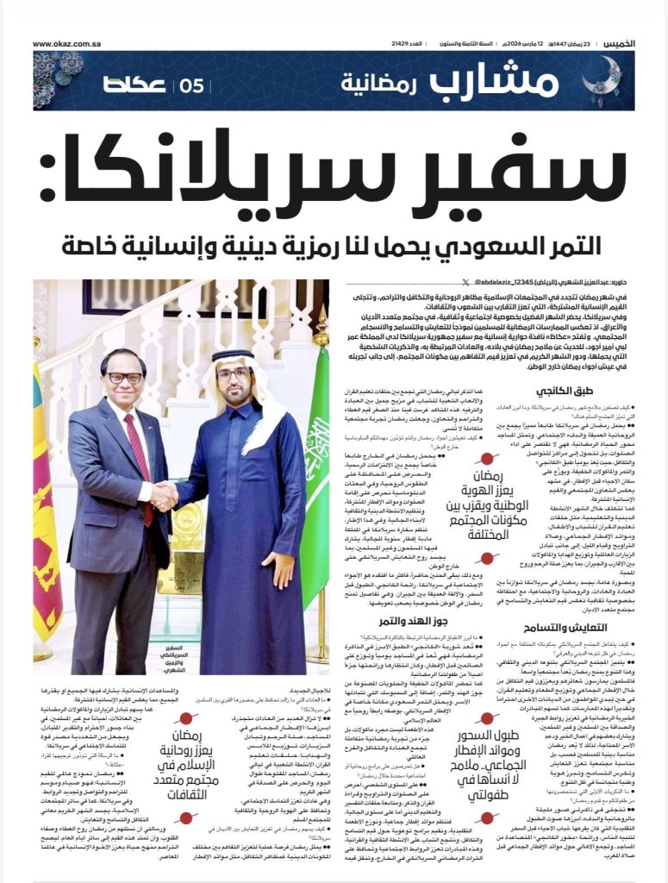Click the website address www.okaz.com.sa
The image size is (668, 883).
coord(66,43)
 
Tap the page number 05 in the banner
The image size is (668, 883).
coord(190,85)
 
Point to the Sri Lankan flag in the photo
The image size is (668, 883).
coord(45,483)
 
